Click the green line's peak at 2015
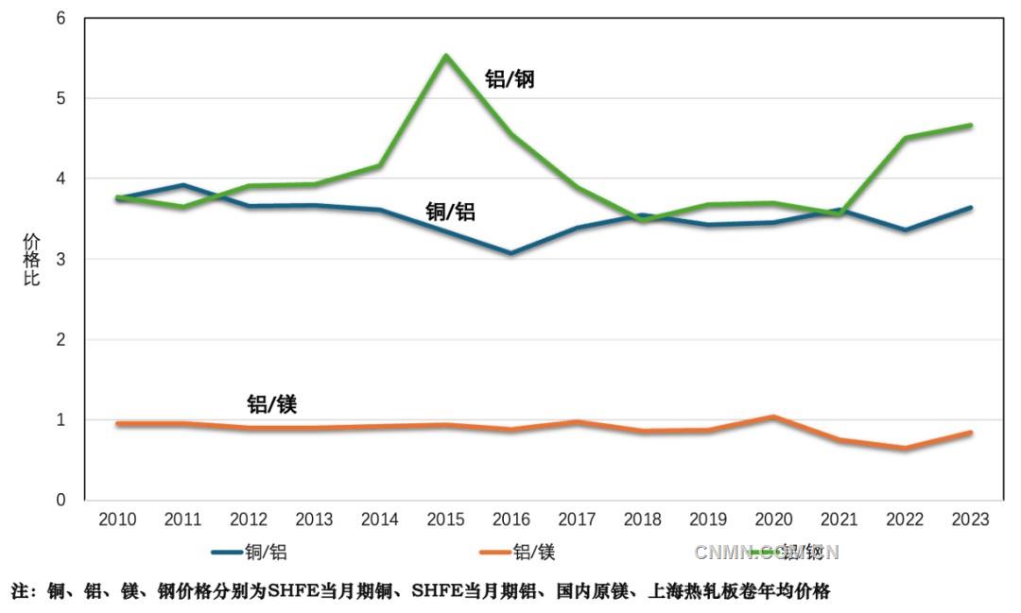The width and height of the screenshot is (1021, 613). (445, 56)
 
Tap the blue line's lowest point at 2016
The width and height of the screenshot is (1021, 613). (510, 253)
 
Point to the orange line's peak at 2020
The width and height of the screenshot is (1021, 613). (773, 417)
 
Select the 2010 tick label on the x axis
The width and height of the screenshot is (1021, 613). (117, 519)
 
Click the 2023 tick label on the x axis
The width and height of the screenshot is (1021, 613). (970, 519)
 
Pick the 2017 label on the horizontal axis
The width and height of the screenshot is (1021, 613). (577, 519)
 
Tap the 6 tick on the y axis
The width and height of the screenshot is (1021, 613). (61, 18)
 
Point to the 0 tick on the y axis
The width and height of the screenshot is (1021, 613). (61, 500)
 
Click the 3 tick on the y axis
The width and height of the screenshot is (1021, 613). (61, 259)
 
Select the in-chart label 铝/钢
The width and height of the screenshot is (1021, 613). (510, 79)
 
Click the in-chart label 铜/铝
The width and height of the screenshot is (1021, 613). (450, 212)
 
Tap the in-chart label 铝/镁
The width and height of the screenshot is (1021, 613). (272, 404)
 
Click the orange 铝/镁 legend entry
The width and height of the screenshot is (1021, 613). (517, 552)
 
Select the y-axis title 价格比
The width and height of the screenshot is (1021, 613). (31, 259)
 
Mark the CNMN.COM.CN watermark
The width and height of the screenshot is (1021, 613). (767, 552)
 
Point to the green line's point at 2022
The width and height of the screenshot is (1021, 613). (905, 138)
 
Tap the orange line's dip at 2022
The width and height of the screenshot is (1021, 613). (905, 448)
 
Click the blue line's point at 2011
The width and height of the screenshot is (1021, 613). (183, 185)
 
